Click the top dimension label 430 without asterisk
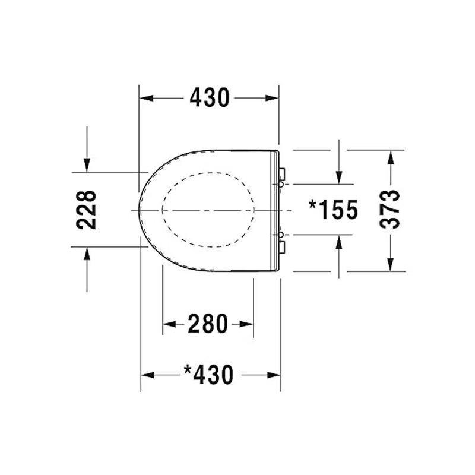click(210, 98)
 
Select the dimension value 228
click(86, 210)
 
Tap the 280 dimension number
click(208, 324)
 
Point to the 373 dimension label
click(390, 209)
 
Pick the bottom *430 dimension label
click(209, 375)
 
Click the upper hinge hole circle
click(281, 184)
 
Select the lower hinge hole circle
click(281, 235)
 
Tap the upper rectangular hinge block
click(281, 174)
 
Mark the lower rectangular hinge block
click(281, 247)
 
